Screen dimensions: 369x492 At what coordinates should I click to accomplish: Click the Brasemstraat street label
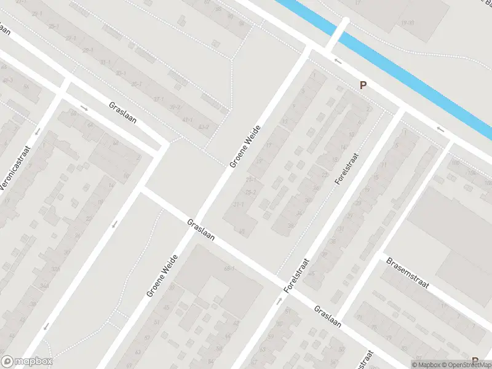tap(407, 274)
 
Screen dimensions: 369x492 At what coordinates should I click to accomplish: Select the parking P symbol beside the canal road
tap(363, 86)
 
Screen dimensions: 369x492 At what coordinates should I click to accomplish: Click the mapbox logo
tap(26, 362)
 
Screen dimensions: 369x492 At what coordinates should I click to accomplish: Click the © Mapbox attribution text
tap(426, 365)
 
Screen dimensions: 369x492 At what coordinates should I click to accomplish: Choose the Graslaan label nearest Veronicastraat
tap(122, 113)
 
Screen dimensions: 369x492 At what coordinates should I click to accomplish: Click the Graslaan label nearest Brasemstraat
tap(328, 317)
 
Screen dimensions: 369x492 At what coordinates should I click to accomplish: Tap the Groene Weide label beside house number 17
tap(245, 146)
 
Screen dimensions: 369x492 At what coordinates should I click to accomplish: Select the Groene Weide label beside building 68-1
tap(162, 276)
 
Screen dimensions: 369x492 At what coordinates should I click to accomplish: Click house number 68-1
tap(230, 269)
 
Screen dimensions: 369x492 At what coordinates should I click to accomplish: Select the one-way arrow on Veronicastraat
tap(38, 132)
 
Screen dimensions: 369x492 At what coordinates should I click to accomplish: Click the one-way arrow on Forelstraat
tap(279, 301)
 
